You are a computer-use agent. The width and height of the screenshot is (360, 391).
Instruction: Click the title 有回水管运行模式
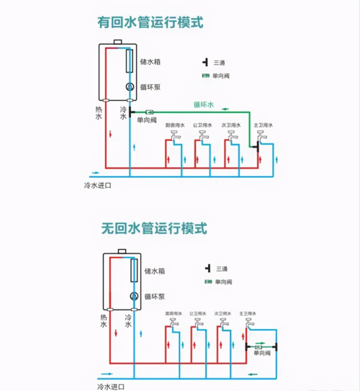(150, 22)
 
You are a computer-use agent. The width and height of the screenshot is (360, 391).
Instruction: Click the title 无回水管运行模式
(154, 229)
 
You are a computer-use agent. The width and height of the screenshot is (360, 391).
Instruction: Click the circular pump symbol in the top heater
(130, 86)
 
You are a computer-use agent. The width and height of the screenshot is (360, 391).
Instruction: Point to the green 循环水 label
(204, 104)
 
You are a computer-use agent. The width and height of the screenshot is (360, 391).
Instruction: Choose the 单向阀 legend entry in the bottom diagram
(221, 280)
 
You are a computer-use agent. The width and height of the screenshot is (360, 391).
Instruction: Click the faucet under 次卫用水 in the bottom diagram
(224, 325)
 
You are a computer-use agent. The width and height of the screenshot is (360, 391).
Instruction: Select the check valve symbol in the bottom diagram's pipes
(257, 347)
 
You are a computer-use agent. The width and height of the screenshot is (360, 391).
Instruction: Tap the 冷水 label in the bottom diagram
(128, 320)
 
